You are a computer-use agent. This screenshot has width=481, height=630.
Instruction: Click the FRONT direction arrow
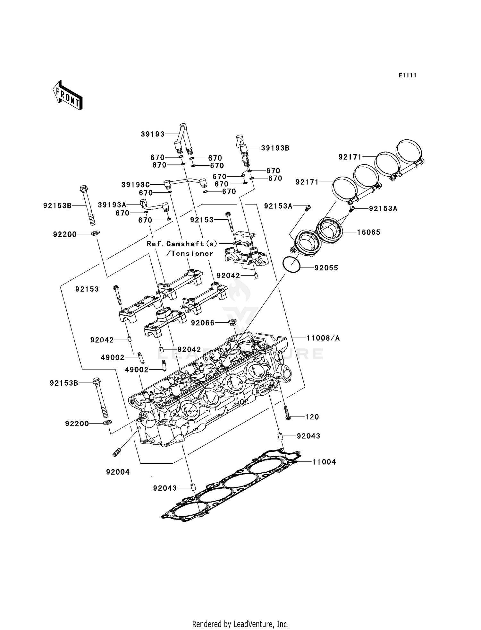[x=68, y=96]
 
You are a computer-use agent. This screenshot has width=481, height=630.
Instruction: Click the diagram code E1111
[x=407, y=75]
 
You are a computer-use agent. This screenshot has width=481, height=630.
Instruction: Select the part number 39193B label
[x=275, y=148]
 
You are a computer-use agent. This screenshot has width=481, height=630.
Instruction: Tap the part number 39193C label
[x=135, y=185]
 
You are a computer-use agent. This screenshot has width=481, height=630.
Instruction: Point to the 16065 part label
[x=369, y=232]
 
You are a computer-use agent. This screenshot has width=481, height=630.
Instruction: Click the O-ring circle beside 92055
[x=291, y=265]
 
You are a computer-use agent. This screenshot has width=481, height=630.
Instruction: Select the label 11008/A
[x=323, y=338]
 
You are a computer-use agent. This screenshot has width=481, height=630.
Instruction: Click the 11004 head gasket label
[x=324, y=462]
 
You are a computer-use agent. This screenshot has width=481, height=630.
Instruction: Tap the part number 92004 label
[x=118, y=472]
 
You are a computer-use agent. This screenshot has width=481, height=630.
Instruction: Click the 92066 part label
[x=203, y=323]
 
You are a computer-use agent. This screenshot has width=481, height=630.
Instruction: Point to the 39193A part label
[x=112, y=205]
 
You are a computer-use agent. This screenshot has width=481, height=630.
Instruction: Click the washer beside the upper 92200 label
[x=95, y=232]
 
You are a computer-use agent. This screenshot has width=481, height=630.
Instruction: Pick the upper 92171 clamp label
[x=350, y=157]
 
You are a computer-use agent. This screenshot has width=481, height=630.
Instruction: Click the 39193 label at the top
[x=153, y=134]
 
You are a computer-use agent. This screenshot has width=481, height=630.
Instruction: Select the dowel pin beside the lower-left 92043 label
[x=193, y=487]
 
